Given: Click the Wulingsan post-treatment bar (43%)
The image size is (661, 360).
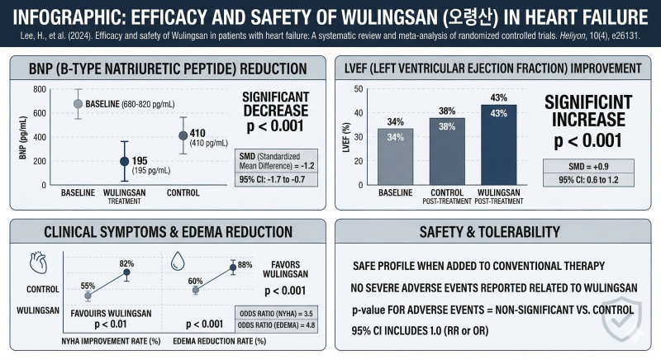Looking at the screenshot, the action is pos(499,144).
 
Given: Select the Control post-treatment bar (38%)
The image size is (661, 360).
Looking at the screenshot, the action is pos(447,152).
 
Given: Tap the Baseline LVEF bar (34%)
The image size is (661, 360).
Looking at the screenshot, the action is pos(396,157).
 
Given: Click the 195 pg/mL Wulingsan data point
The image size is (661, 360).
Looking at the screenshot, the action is pos(125,161).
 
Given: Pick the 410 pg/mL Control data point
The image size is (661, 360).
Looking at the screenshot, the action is pos(183,135).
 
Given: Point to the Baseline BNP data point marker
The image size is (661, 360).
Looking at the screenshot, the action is pos(78,103).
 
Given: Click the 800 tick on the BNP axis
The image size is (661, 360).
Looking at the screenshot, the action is pos(40,89).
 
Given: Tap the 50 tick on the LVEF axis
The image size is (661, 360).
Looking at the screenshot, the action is pos(359,89).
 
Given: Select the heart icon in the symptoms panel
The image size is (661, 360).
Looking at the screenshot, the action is pos(38,263).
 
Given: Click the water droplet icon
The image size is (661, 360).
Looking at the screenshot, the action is pos(178,261).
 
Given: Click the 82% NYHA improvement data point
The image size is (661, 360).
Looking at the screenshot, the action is pos(126,272).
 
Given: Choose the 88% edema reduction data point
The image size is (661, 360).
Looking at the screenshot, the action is pos(233,268).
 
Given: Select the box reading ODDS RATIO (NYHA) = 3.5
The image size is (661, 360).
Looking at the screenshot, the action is pos(276,313).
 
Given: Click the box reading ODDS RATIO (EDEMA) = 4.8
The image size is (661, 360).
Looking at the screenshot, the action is pos(276,325).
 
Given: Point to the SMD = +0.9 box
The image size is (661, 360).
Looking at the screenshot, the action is pos(588,166).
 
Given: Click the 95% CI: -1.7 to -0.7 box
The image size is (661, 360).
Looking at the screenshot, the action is pos(276,179).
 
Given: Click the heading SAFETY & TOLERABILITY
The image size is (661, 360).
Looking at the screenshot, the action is pos(489,232).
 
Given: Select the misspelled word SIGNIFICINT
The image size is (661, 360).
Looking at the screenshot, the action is pos(588,102).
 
